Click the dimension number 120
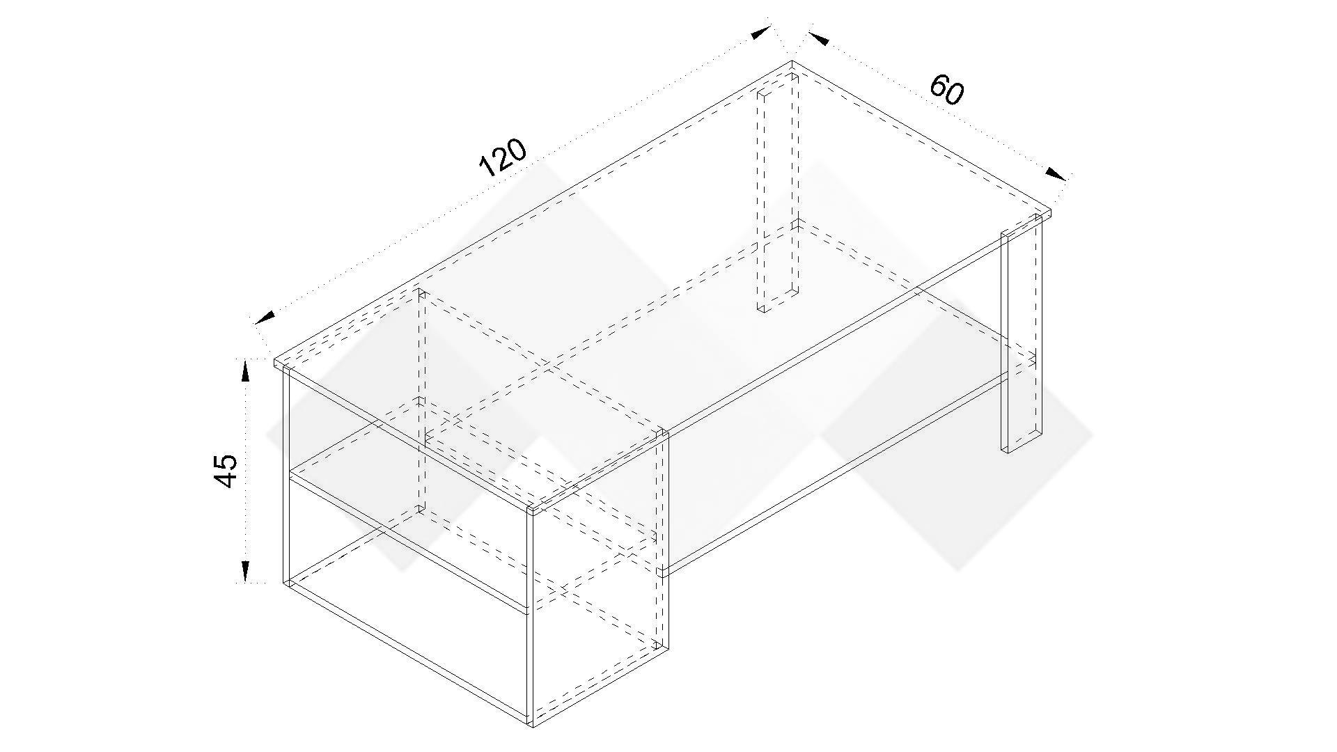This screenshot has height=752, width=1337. [503, 158]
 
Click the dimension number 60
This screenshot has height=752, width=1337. [946, 90]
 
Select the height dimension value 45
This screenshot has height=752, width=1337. [226, 471]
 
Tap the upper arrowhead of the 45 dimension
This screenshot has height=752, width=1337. [245, 371]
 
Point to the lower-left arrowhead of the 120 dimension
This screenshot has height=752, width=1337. [265, 318]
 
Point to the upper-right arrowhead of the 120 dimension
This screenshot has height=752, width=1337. [761, 32]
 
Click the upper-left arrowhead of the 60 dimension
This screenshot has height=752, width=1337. [819, 38]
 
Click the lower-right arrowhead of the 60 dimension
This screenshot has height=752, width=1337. [1056, 173]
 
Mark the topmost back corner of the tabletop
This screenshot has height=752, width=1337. [792, 62]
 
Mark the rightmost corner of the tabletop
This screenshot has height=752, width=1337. [1050, 209]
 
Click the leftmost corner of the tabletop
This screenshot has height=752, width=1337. [274, 362]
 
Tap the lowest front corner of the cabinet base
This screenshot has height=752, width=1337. [531, 724]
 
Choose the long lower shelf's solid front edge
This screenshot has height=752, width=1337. [836, 473]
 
